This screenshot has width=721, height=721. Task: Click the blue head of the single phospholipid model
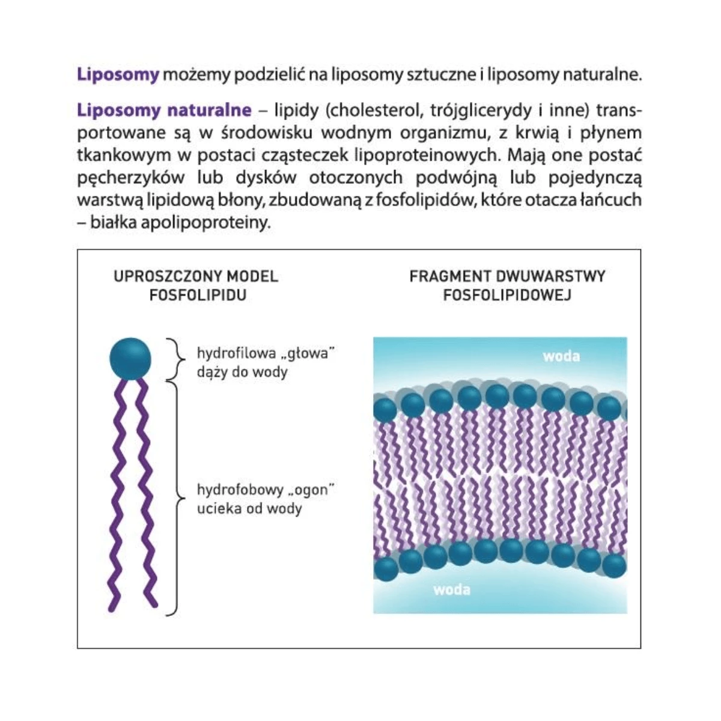(x=130, y=359)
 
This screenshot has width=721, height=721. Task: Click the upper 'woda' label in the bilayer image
(x=561, y=356)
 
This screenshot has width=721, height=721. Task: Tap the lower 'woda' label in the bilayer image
(x=452, y=589)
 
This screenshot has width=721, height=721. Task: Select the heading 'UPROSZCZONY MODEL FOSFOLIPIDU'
(x=196, y=285)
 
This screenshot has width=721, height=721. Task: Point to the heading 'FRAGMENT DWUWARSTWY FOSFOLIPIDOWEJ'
(x=507, y=285)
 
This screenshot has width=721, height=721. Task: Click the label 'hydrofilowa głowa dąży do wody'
(x=264, y=362)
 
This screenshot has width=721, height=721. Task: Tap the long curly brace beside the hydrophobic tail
(x=177, y=498)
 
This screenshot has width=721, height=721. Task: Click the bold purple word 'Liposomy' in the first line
(x=118, y=76)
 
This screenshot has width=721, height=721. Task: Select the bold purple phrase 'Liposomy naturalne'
(x=164, y=111)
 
